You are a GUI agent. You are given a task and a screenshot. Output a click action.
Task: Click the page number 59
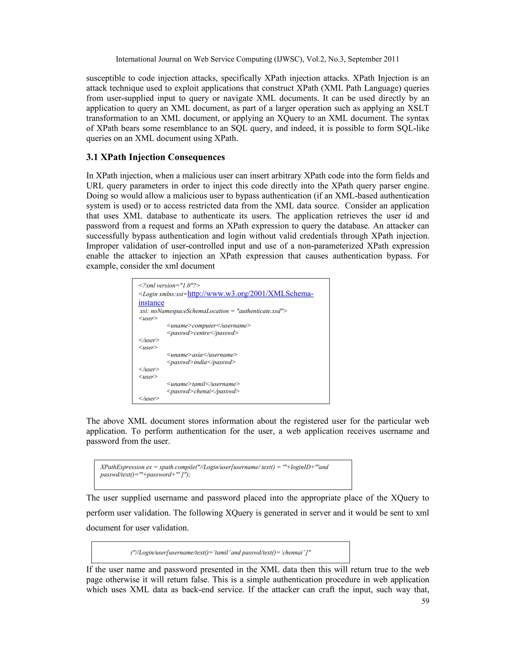tap(425, 601)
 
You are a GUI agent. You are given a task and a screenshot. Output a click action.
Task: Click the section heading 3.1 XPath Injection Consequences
tap(155, 157)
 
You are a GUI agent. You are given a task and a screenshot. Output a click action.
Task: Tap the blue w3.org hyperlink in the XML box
tap(250, 294)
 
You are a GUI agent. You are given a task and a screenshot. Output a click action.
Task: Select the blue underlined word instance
tap(151, 303)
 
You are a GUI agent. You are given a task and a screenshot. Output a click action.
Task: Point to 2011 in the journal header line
tap(391, 59)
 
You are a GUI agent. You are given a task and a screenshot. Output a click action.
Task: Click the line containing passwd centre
tap(202, 333)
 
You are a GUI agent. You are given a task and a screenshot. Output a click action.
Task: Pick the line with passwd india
tap(201, 362)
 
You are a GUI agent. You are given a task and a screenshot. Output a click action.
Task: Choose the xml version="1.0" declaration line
tap(169, 286)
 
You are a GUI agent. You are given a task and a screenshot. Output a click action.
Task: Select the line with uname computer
tap(208, 325)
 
